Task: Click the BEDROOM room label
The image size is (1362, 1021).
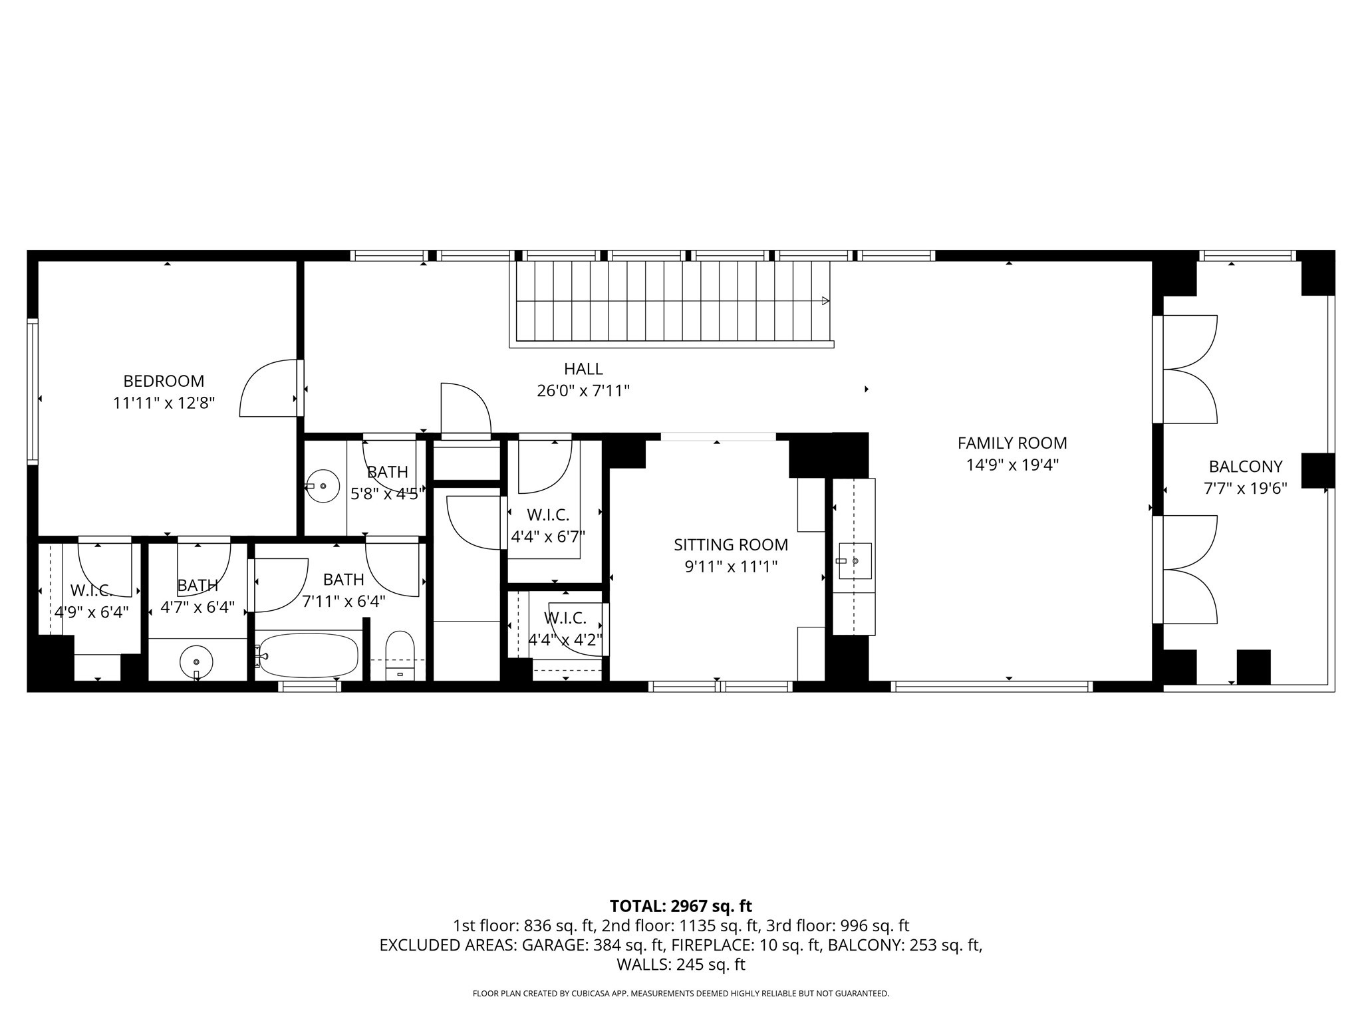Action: (x=164, y=381)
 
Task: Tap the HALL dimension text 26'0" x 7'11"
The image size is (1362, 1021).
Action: (x=583, y=391)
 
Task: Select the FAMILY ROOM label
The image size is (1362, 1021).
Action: (x=1012, y=443)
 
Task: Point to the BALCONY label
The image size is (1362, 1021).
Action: (x=1246, y=467)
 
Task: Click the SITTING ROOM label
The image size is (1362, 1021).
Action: (x=731, y=545)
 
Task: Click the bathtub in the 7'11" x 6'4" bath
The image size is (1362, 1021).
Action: (x=308, y=655)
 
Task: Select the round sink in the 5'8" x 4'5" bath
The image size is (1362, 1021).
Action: (x=323, y=486)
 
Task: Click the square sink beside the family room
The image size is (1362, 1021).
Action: (x=855, y=561)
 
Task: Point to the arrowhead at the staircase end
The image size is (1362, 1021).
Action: (x=825, y=301)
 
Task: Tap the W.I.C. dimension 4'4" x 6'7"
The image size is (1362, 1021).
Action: (x=548, y=536)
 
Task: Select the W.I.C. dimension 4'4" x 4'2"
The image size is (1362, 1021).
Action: (x=565, y=640)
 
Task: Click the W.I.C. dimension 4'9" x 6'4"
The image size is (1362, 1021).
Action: (x=91, y=612)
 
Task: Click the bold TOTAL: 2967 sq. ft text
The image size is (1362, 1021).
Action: (x=680, y=906)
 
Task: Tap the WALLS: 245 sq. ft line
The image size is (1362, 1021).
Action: (x=680, y=964)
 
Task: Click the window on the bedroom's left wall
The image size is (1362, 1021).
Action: (x=33, y=391)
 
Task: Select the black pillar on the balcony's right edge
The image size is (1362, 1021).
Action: (x=1317, y=471)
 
